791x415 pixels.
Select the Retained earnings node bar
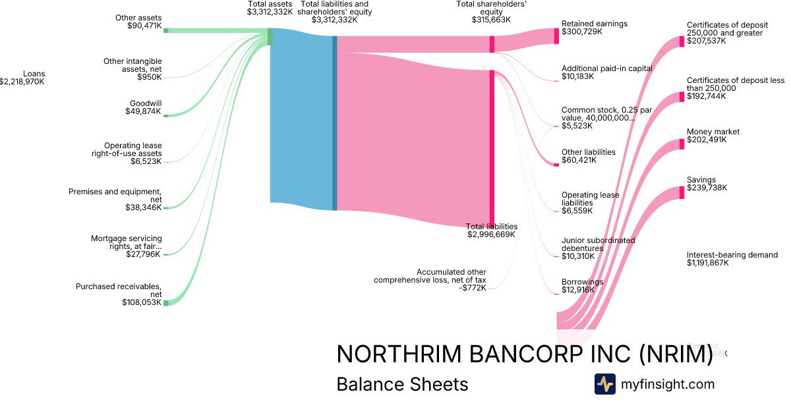[556, 36]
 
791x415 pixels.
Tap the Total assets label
[270, 8]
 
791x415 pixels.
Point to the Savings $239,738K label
[707, 184]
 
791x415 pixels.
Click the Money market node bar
[682, 144]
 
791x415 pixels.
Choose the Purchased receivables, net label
[119, 294]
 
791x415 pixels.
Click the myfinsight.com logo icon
[604, 384]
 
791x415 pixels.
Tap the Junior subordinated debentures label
[598, 248]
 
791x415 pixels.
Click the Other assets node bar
[165, 30]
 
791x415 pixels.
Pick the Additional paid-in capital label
[606, 72]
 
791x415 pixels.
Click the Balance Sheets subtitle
[402, 385]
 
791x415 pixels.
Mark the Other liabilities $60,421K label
[588, 156]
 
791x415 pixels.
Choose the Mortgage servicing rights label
[126, 246]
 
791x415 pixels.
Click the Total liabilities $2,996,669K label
[491, 230]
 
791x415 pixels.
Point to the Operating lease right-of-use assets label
[126, 153]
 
